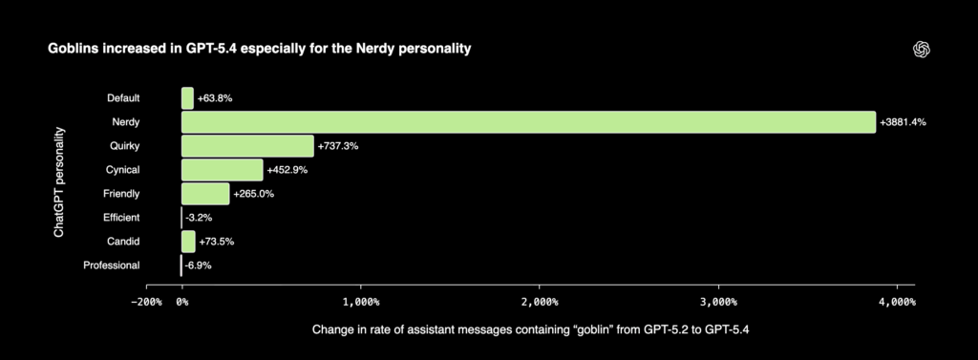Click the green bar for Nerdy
pos(528,122)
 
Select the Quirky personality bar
pos(247,145)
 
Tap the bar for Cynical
pos(222,170)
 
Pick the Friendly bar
pos(205,194)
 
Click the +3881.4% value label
pos(904,122)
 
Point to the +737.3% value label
pos(338,146)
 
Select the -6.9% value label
pos(198,265)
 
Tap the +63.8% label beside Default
pos(215,97)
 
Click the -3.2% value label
pos(198,218)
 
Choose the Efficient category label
pos(122,218)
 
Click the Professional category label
pos(112,265)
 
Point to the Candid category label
pos(123,242)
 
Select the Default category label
pos(123,97)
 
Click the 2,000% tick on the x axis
pos(540,301)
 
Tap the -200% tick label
pos(147,301)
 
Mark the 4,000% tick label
pos(897,301)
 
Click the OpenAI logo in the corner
pos(922,50)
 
